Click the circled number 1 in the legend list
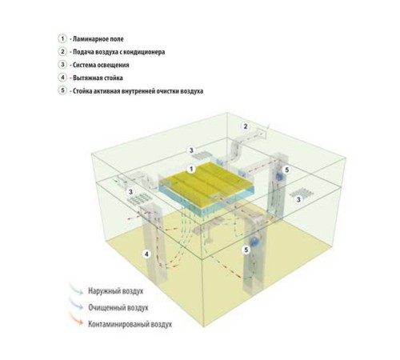click(x=62, y=38)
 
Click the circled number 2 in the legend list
click(x=62, y=51)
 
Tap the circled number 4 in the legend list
click(x=62, y=78)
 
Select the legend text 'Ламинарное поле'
click(x=98, y=39)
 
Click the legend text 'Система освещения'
click(x=101, y=65)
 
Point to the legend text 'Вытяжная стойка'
click(x=98, y=78)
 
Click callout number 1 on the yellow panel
click(x=191, y=169)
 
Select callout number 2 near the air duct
click(x=246, y=126)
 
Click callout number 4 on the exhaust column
click(x=146, y=254)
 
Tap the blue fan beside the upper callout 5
click(x=279, y=176)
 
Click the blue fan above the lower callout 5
click(x=254, y=241)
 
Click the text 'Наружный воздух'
click(x=116, y=290)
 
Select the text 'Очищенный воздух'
click(x=118, y=307)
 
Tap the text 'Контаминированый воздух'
click(x=130, y=324)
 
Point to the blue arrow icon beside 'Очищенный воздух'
click(x=77, y=303)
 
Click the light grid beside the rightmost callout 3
click(x=300, y=191)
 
